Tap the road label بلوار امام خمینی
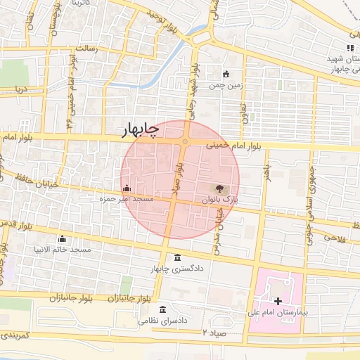[234, 146]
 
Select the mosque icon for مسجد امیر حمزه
[127, 188]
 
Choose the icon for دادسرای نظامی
[163, 310]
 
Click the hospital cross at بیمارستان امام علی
[278, 300]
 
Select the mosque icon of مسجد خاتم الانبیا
[63, 238]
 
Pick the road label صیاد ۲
[214, 331]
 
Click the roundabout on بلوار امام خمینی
[185, 142]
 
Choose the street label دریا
[22, 89]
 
